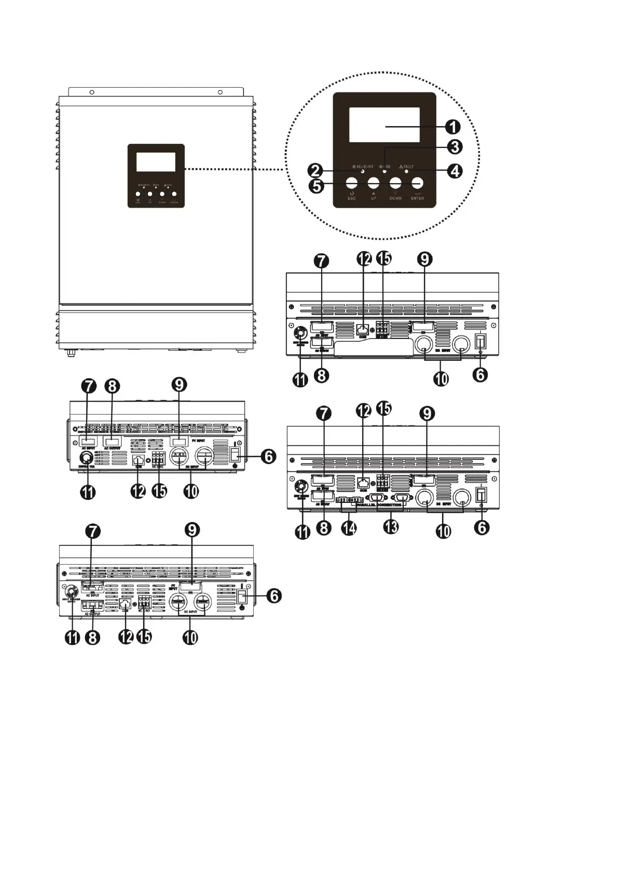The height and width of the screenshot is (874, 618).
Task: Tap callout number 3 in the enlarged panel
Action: tap(454, 147)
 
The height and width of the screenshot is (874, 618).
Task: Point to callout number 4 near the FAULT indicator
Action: tap(455, 171)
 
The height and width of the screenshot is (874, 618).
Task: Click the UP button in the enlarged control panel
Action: tap(374, 183)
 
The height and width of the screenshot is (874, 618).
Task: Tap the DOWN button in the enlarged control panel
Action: tap(395, 183)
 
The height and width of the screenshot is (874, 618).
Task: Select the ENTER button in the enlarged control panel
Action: tap(417, 183)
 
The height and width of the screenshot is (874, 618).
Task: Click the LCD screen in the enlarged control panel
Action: tap(384, 125)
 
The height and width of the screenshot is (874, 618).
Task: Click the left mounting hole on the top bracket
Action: tap(91, 92)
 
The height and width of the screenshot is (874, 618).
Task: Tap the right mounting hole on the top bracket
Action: tap(220, 92)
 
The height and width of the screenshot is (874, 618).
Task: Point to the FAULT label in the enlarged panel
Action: tap(408, 167)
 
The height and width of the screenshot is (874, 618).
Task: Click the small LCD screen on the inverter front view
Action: tap(156, 162)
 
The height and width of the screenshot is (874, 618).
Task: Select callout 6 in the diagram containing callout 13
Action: tap(482, 528)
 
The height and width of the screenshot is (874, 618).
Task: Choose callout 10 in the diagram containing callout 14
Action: tap(443, 530)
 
